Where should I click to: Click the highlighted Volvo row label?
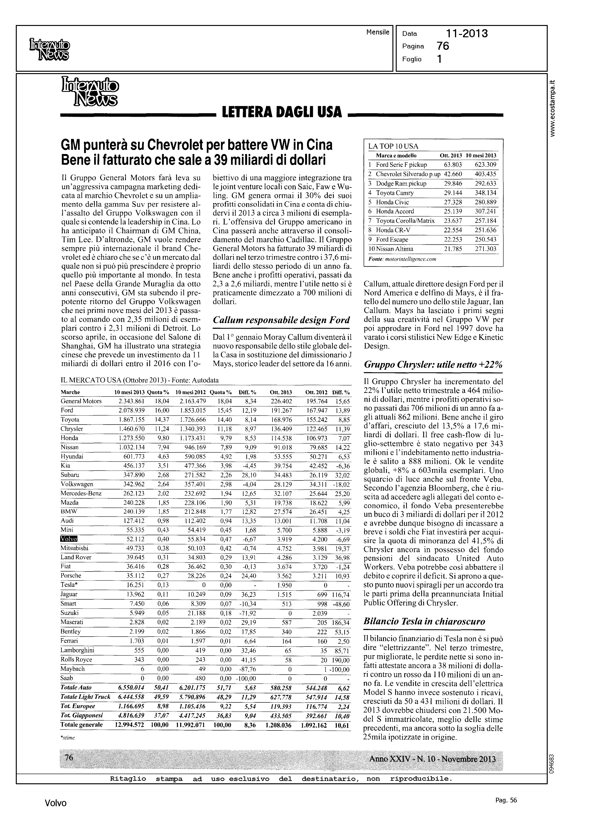(x=68, y=539)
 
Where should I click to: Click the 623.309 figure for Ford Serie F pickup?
(x=485, y=165)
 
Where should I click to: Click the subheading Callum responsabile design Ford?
(x=281, y=320)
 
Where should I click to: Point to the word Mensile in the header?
(x=378, y=32)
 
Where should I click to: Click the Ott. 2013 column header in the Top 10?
(x=450, y=155)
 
